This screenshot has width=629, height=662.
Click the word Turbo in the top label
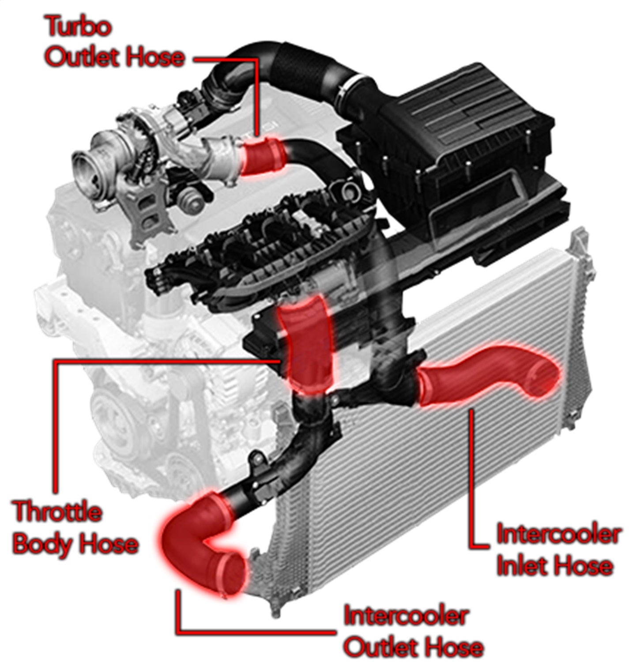click(78, 27)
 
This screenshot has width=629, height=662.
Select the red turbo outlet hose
click(263, 157)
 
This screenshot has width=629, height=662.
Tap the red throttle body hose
click(305, 344)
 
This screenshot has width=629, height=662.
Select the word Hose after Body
click(107, 544)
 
